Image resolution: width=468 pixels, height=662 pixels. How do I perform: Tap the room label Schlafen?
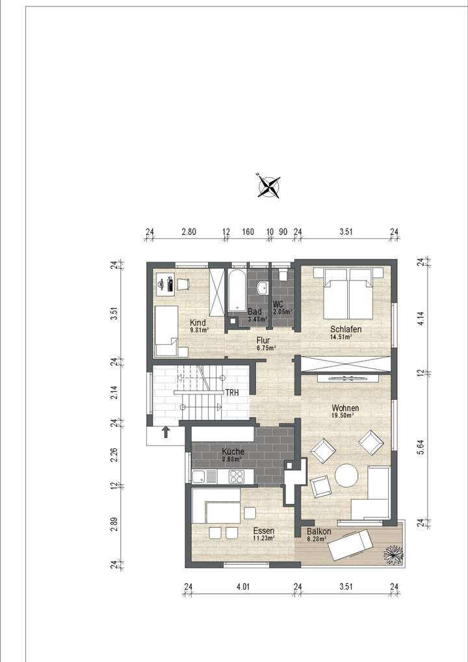click(345, 329)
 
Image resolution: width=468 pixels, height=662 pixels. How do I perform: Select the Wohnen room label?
click(345, 408)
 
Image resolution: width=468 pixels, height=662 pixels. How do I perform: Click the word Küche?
click(233, 452)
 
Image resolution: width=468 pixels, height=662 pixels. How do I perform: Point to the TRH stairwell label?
click(232, 393)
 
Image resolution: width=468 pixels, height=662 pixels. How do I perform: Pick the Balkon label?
click(319, 532)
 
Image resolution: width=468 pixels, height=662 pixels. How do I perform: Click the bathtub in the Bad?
click(236, 292)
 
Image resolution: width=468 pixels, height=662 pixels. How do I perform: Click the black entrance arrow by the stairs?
click(166, 432)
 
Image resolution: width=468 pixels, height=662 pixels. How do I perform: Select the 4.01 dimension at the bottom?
click(243, 587)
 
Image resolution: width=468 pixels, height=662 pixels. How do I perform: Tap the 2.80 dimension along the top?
click(188, 232)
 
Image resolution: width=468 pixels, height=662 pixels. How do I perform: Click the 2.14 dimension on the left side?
click(114, 393)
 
